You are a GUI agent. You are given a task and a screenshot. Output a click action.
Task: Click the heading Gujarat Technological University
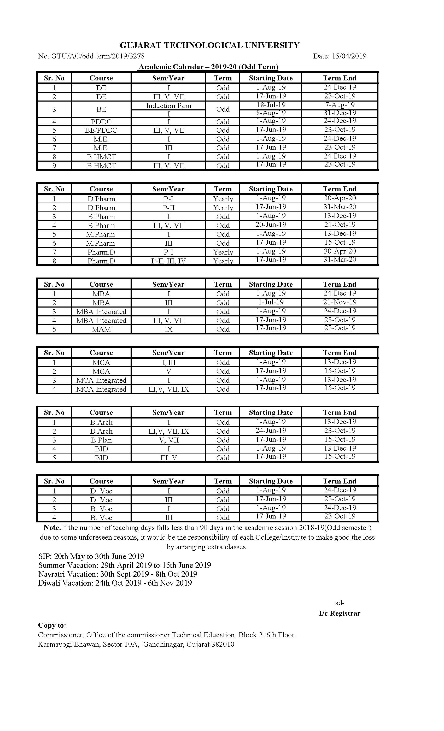click(209, 45)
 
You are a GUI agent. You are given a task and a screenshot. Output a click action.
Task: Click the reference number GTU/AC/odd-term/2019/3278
click(98, 56)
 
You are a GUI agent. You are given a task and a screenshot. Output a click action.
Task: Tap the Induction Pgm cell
click(168, 106)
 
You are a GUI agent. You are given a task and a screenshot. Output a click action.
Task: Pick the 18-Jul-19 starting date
click(271, 105)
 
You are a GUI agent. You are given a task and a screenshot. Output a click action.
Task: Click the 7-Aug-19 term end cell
click(340, 105)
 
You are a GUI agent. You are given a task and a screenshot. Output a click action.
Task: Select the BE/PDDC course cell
click(101, 130)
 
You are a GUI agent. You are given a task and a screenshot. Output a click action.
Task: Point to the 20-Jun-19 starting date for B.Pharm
click(271, 225)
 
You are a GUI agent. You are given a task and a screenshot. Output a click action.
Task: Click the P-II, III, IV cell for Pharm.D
click(168, 261)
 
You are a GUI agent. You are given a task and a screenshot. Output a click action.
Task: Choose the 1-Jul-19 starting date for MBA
click(271, 302)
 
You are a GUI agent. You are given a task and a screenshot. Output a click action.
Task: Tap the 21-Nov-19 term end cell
click(340, 302)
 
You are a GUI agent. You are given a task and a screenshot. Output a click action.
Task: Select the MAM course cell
click(101, 329)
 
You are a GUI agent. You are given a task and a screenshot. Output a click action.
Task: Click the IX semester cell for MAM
click(168, 329)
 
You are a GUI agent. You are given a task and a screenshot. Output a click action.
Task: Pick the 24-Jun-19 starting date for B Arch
click(271, 431)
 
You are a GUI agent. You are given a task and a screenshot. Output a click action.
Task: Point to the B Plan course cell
click(101, 440)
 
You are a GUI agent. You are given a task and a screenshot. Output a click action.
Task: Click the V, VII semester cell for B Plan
click(168, 440)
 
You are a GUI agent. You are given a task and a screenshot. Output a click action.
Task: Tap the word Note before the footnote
click(52, 528)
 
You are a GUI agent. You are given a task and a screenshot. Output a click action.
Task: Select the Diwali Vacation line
click(115, 583)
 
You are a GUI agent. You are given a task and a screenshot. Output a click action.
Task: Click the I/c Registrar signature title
click(340, 613)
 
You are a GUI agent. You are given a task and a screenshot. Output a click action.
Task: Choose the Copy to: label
click(52, 625)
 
